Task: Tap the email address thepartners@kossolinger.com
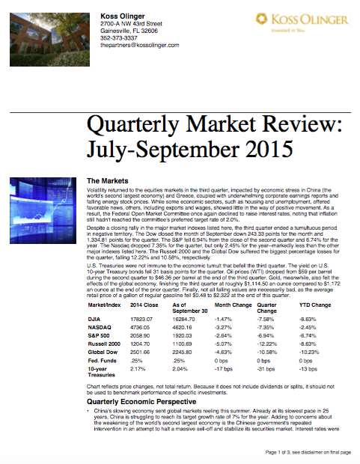pos(139,45)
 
